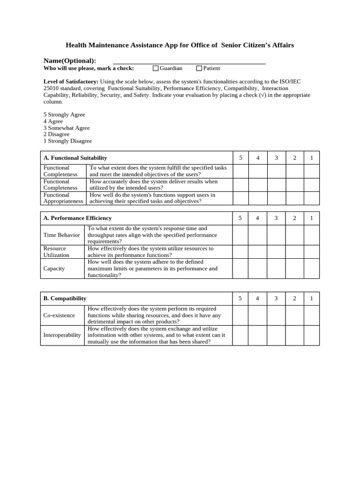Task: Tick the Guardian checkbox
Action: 156,68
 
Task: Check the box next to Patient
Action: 199,68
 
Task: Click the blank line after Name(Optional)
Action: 189,61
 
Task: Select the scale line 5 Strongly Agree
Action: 64,114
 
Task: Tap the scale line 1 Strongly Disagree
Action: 67,141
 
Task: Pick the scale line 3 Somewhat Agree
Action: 67,127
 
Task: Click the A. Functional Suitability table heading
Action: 75,158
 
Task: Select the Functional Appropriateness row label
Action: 63,198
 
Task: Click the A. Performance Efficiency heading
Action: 77,218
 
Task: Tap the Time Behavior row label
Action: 61,235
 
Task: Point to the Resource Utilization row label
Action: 56,252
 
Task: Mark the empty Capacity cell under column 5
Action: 240,269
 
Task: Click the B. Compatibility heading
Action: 65,298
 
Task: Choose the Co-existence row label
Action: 59,315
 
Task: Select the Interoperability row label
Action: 62,335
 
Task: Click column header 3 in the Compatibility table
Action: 276,298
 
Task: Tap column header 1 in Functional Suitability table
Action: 311,158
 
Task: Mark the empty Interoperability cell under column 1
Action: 311,335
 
